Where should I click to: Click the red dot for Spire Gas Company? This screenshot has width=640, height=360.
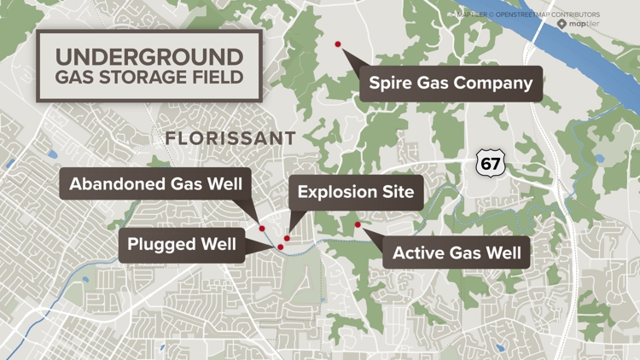pyautogui.click(x=338, y=44)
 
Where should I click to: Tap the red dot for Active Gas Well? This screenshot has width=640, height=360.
pyautogui.click(x=358, y=225)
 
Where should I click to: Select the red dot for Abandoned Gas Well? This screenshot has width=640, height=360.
pyautogui.click(x=262, y=229)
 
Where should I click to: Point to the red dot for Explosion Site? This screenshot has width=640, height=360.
pyautogui.click(x=288, y=239)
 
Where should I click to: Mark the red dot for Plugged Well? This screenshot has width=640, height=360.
pyautogui.click(x=281, y=247)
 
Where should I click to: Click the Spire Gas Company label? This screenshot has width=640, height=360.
pyautogui.click(x=451, y=84)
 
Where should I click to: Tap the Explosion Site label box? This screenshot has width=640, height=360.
pyautogui.click(x=356, y=192)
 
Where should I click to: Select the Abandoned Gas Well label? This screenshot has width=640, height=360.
pyautogui.click(x=156, y=183)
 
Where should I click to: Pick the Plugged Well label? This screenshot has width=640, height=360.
pyautogui.click(x=182, y=245)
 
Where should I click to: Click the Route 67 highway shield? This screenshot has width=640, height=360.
pyautogui.click(x=491, y=162)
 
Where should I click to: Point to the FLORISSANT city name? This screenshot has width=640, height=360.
pyautogui.click(x=230, y=138)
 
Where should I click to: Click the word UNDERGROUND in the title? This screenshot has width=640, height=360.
pyautogui.click(x=149, y=57)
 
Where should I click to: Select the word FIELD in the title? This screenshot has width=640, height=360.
pyautogui.click(x=220, y=77)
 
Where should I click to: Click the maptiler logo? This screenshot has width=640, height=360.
pyautogui.click(x=579, y=24)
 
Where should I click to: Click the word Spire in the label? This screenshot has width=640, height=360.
pyautogui.click(x=391, y=84)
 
